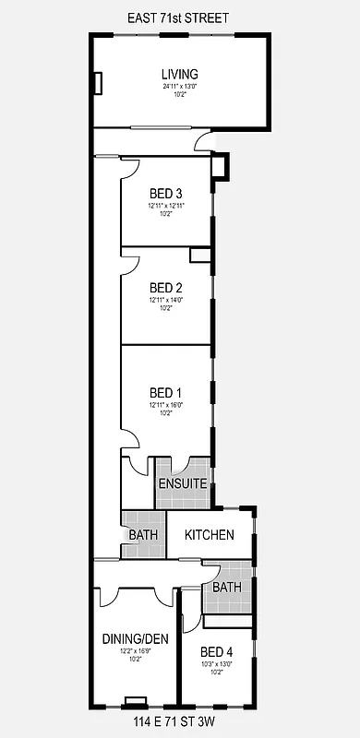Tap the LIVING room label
pyautogui.click(x=180, y=75)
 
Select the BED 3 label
pyautogui.click(x=166, y=193)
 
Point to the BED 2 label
pyautogui.click(x=166, y=286)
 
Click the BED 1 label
pyautogui.click(x=166, y=392)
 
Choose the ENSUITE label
pyautogui.click(x=182, y=483)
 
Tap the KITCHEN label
pyautogui.click(x=216, y=535)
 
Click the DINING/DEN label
pyautogui.click(x=135, y=637)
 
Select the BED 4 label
pyautogui.click(x=217, y=650)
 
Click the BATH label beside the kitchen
pyautogui.click(x=143, y=535)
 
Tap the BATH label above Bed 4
pyautogui.click(x=226, y=587)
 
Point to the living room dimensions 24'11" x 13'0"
pyautogui.click(x=180, y=87)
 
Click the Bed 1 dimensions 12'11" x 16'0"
pyautogui.click(x=166, y=405)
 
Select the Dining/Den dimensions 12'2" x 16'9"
pyautogui.click(x=135, y=649)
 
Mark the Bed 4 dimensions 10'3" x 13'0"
pyautogui.click(x=217, y=662)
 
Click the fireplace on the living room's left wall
pyautogui.click(x=96, y=83)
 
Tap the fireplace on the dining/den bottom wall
pyautogui.click(x=136, y=700)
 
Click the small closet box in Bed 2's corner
pyautogui.click(x=200, y=255)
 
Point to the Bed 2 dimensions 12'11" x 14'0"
pyautogui.click(x=166, y=299)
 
